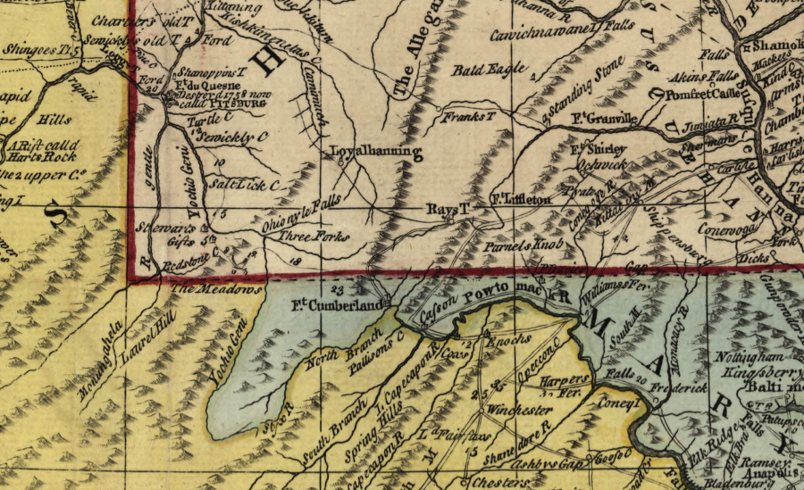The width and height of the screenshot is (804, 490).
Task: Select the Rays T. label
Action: tap(447, 208)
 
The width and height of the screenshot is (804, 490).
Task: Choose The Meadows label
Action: tap(216, 289)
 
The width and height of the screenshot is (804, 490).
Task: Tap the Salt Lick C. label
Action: tap(243, 185)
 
